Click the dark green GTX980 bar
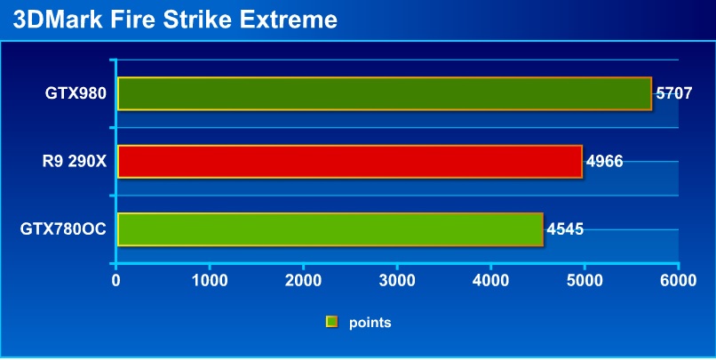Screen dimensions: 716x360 click(x=385, y=93)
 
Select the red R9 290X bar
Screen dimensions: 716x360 click(x=350, y=161)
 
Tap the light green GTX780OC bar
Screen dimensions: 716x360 click(x=330, y=229)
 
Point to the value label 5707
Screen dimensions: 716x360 click(x=674, y=93)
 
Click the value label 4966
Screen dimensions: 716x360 click(x=605, y=161)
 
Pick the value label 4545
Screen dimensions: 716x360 click(x=565, y=228)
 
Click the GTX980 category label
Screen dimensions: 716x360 click(x=76, y=93)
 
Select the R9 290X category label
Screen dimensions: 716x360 click(x=75, y=161)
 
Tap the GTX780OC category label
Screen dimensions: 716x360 click(x=63, y=228)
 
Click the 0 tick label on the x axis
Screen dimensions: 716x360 click(x=116, y=281)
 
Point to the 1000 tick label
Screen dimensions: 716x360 click(x=210, y=281)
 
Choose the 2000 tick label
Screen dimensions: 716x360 click(x=303, y=281)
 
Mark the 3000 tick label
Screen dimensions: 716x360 click(x=397, y=281)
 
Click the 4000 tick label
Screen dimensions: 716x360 click(x=491, y=281)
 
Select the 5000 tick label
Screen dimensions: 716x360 click(x=585, y=281)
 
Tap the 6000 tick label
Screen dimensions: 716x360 click(x=679, y=281)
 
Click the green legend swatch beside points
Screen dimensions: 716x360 click(x=331, y=322)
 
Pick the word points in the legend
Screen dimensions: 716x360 click(x=370, y=323)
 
